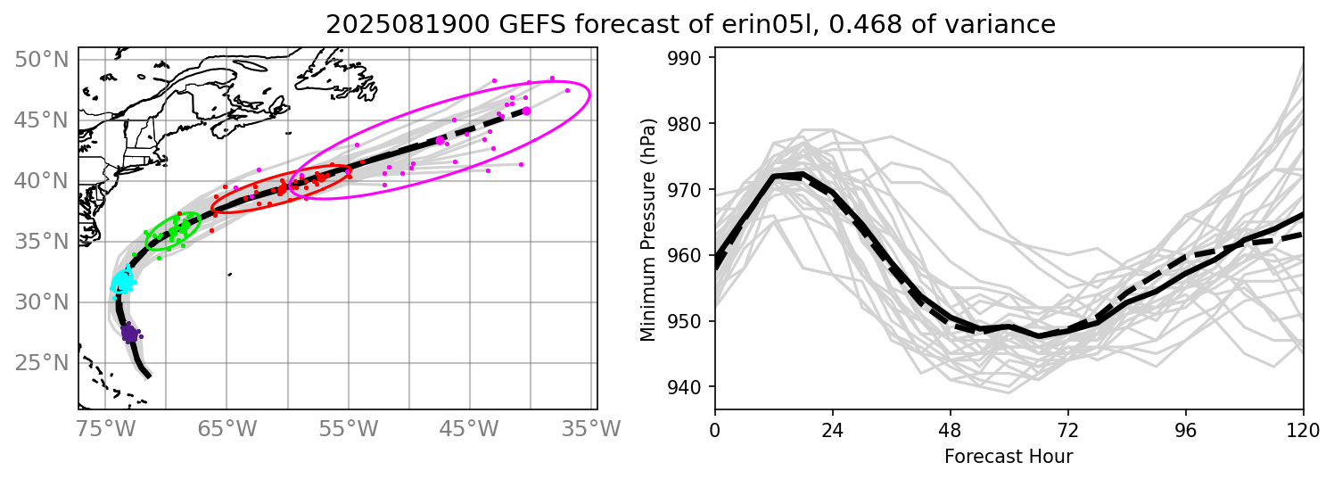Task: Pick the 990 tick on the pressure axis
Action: click(x=688, y=58)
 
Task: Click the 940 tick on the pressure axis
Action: click(x=688, y=387)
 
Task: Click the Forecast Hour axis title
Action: click(x=1009, y=457)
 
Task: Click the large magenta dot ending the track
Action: click(x=526, y=111)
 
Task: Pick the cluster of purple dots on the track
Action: click(x=129, y=334)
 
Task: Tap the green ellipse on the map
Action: click(x=172, y=231)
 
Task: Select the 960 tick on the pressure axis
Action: click(x=688, y=256)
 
